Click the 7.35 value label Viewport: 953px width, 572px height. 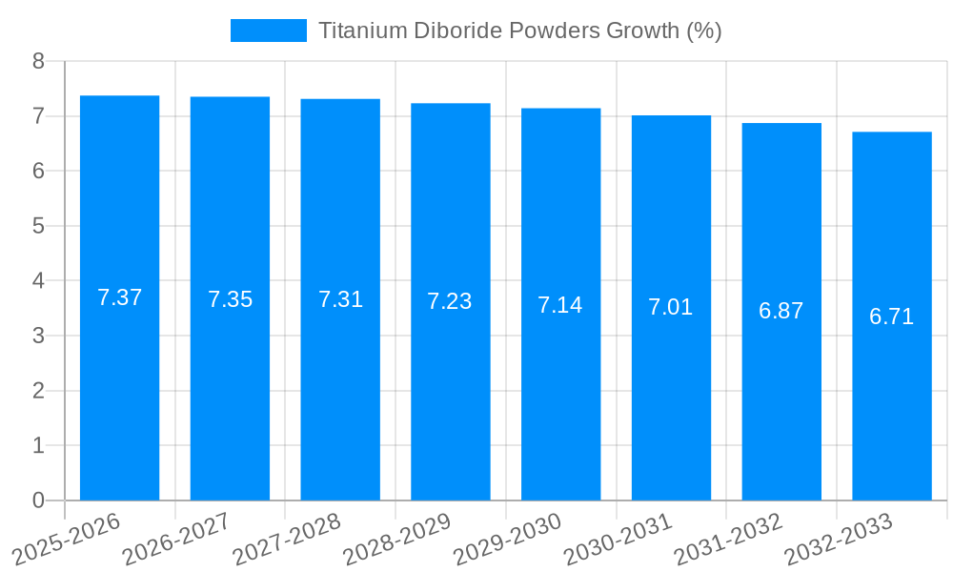(230, 299)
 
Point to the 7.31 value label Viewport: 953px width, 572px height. (340, 299)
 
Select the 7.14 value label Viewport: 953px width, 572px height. (560, 305)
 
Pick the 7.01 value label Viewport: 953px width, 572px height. (671, 307)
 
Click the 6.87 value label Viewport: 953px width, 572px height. (781, 311)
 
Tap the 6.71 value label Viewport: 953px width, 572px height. (892, 317)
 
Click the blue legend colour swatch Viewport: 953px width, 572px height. (269, 31)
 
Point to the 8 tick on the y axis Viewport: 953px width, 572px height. (38, 61)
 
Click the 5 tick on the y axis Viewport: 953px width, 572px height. (38, 226)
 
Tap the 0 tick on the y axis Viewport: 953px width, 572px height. (38, 500)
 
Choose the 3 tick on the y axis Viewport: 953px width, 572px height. (38, 336)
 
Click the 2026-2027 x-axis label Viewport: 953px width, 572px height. (175, 539)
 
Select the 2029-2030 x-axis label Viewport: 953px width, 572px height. (506, 539)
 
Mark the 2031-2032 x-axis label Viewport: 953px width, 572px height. (727, 539)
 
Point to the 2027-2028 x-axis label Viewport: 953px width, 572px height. (286, 539)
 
